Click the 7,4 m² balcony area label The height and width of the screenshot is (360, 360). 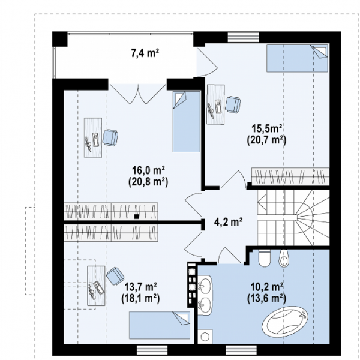click(145, 53)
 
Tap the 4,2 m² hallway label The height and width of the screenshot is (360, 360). click(228, 222)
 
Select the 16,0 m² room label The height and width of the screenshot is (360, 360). click(148, 170)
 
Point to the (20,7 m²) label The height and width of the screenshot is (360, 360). click(267, 140)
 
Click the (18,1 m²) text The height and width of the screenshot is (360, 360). click(140, 298)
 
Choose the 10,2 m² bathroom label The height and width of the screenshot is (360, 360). click(267, 287)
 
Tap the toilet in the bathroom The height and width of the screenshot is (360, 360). click(265, 258)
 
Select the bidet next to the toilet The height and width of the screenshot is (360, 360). click(284, 259)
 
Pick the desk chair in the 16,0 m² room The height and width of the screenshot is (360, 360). click(110, 138)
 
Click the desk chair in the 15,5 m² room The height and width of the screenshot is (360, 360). click(233, 104)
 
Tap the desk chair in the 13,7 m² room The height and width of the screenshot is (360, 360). click(115, 276)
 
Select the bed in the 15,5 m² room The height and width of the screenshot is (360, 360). click(298, 58)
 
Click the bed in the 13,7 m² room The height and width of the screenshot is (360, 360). click(160, 325)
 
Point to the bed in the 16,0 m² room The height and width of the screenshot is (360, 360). click(187, 122)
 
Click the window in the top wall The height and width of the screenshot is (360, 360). click(244, 37)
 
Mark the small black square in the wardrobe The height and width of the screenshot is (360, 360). click(137, 216)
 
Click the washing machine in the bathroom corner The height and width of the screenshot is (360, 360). click(205, 337)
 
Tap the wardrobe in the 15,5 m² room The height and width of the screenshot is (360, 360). click(290, 176)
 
